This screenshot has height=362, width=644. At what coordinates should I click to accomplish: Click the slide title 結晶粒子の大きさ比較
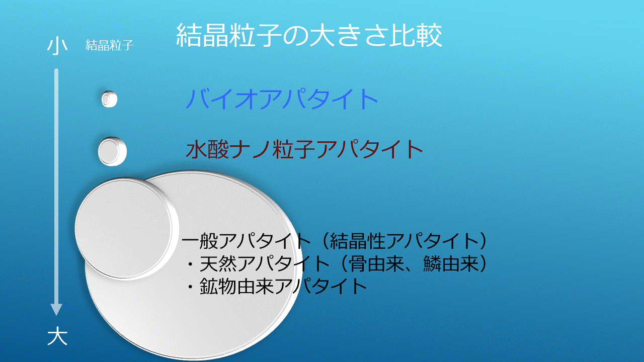[x=309, y=35]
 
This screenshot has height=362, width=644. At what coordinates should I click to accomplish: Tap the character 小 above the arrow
[x=57, y=46]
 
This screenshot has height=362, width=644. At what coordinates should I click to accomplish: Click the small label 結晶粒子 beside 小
[x=110, y=45]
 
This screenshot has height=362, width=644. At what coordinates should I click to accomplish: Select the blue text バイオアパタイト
[x=282, y=99]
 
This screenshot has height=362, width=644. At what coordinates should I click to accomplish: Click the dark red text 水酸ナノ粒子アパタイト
[x=304, y=149]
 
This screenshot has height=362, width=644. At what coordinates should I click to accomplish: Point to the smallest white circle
[x=109, y=99]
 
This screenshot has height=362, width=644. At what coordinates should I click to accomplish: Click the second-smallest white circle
[x=112, y=151]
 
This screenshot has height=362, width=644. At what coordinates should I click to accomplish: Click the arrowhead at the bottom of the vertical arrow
[x=56, y=310]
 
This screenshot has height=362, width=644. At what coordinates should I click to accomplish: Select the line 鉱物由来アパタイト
[x=283, y=286]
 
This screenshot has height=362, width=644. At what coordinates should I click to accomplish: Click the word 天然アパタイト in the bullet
[x=265, y=263]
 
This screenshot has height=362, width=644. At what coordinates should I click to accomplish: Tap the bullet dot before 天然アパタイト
[x=190, y=264]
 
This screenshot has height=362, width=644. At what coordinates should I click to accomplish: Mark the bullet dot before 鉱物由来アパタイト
[x=190, y=287]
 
